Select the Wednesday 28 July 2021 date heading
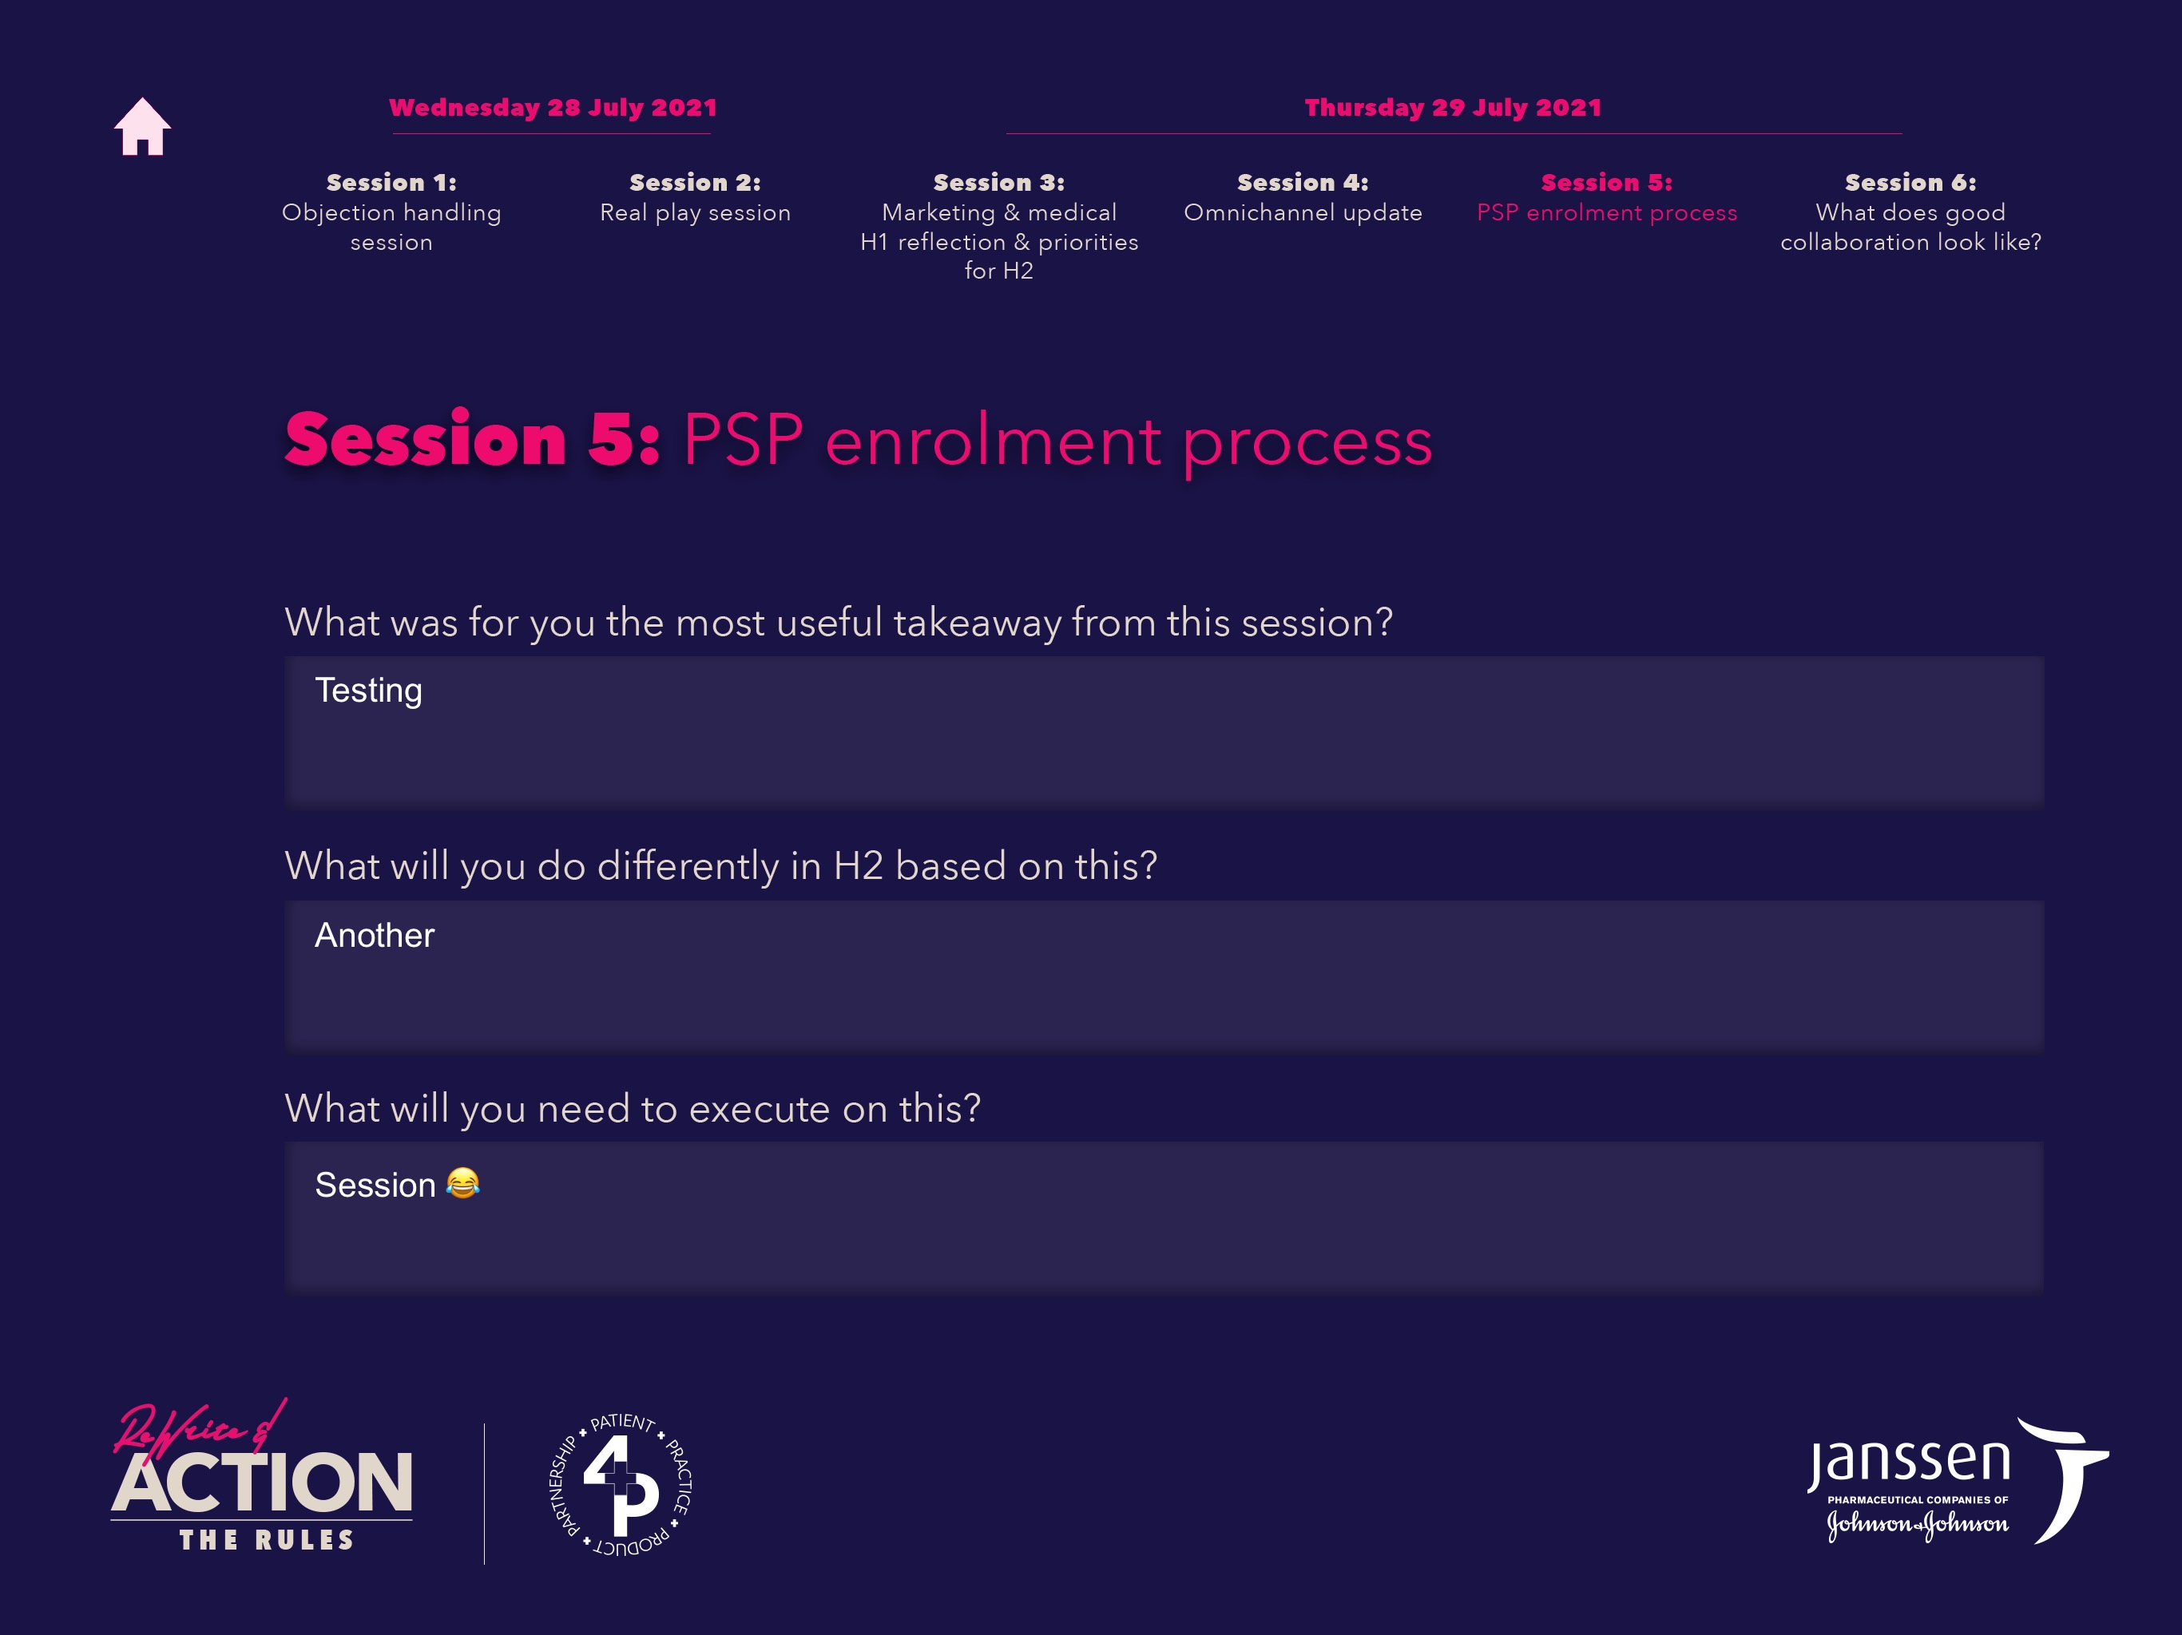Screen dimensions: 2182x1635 coord(553,108)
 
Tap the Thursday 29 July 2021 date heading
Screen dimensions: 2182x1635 coord(1453,108)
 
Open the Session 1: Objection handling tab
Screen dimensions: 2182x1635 coord(391,212)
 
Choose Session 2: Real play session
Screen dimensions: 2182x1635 coord(696,197)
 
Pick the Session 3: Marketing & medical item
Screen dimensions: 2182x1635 coord(999,226)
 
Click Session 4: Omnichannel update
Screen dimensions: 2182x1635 coord(1303,197)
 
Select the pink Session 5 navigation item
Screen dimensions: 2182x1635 coord(1607,197)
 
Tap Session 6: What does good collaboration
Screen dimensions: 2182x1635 coord(1910,212)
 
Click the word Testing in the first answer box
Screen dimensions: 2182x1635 coord(368,691)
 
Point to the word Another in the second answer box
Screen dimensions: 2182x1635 coord(375,935)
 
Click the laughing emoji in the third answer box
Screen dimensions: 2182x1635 coord(462,1182)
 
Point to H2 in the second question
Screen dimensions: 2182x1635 coord(859,866)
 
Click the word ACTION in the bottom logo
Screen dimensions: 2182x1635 coord(261,1483)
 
